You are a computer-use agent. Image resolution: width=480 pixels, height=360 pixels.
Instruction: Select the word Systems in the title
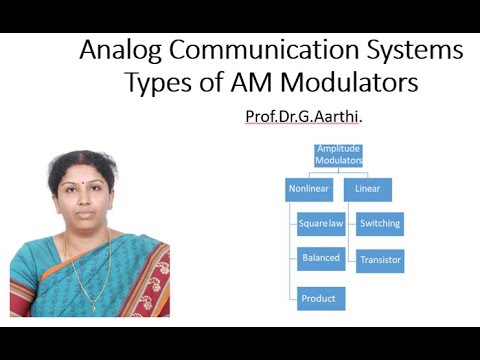pyautogui.click(x=420, y=50)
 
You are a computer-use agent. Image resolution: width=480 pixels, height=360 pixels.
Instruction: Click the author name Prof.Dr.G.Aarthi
pyautogui.click(x=304, y=117)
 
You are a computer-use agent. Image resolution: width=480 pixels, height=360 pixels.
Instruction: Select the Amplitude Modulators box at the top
pyautogui.click(x=339, y=155)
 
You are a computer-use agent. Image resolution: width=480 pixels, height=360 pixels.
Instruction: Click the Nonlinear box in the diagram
pyautogui.click(x=309, y=189)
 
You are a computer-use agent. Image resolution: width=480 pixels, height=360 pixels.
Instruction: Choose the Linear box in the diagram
pyautogui.click(x=367, y=189)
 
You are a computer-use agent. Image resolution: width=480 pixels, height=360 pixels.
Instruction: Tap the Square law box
pyautogui.click(x=321, y=224)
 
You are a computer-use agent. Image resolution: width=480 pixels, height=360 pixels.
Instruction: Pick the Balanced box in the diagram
pyautogui.click(x=321, y=258)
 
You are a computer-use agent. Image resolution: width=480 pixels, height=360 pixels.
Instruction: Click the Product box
pyautogui.click(x=321, y=298)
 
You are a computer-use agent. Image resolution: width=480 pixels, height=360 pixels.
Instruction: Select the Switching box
pyautogui.click(x=380, y=224)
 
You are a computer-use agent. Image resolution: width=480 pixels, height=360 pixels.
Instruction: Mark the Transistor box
pyautogui.click(x=380, y=261)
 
